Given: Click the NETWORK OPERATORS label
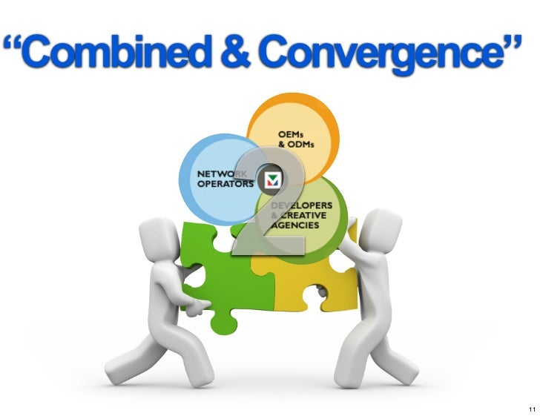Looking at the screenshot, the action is pyautogui.click(x=223, y=179).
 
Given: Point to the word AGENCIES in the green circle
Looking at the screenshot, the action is pyautogui.click(x=294, y=224).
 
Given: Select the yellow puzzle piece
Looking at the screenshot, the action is pyautogui.click(x=312, y=282).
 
